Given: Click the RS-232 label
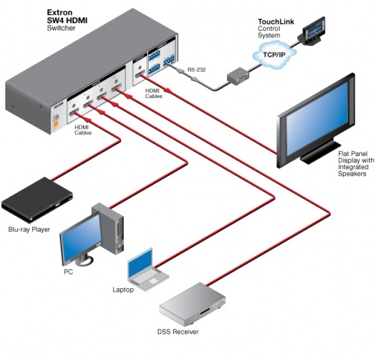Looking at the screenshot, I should click(x=196, y=69).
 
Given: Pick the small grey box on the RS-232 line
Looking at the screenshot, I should click(x=237, y=78).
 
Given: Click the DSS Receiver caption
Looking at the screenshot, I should click(x=178, y=332).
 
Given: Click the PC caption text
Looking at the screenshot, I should click(x=68, y=272).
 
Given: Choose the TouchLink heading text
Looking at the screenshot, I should click(x=275, y=21).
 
